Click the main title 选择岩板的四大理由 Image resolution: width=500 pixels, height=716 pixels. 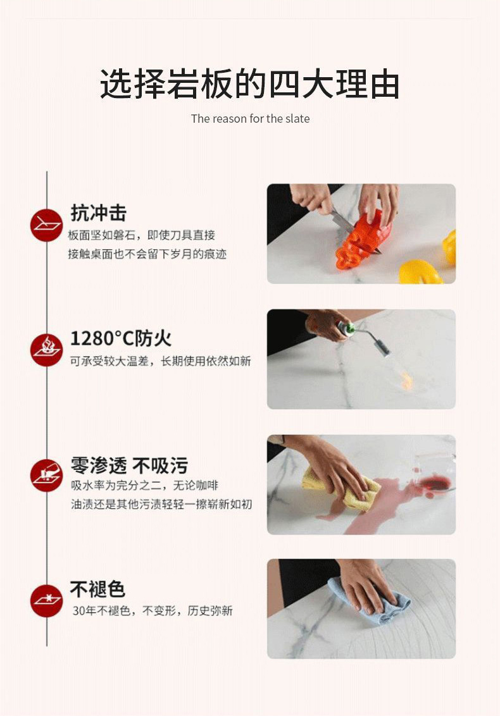[249, 84]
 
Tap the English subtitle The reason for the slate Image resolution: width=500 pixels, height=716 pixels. [251, 119]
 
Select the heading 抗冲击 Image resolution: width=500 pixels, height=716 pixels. [98, 213]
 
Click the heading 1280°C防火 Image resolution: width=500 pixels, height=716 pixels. [121, 338]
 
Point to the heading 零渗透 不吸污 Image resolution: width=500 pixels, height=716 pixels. [129, 466]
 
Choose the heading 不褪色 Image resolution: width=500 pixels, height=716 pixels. [97, 589]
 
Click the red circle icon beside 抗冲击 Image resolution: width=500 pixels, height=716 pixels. [47, 225]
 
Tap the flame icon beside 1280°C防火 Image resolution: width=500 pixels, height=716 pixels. [47, 350]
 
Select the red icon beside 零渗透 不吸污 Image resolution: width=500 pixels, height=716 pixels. [47, 476]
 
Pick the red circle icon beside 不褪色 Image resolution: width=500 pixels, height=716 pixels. [47, 600]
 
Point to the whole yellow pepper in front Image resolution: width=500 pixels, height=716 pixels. [420, 272]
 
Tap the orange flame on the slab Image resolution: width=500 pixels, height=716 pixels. [406, 380]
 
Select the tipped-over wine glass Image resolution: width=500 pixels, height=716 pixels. [434, 472]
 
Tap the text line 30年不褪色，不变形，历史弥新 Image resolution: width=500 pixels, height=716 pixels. [152, 610]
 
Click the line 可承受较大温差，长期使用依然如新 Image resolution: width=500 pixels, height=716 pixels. [160, 361]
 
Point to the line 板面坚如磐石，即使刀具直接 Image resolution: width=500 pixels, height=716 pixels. [142, 235]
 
